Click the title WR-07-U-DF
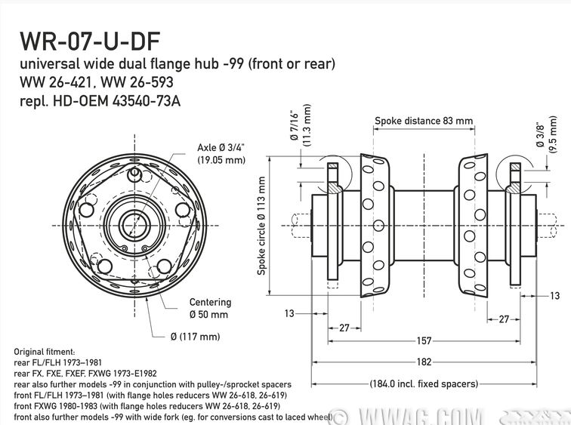coord(90,41)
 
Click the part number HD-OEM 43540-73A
coord(116,100)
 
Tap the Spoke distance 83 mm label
coord(424,121)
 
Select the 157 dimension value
coord(424,341)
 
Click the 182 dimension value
coord(424,362)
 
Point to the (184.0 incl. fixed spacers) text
coord(424,384)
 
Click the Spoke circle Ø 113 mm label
coord(261,226)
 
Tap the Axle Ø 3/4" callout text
coord(221,153)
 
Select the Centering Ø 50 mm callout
coord(210,308)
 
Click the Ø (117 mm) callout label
coord(195,337)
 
